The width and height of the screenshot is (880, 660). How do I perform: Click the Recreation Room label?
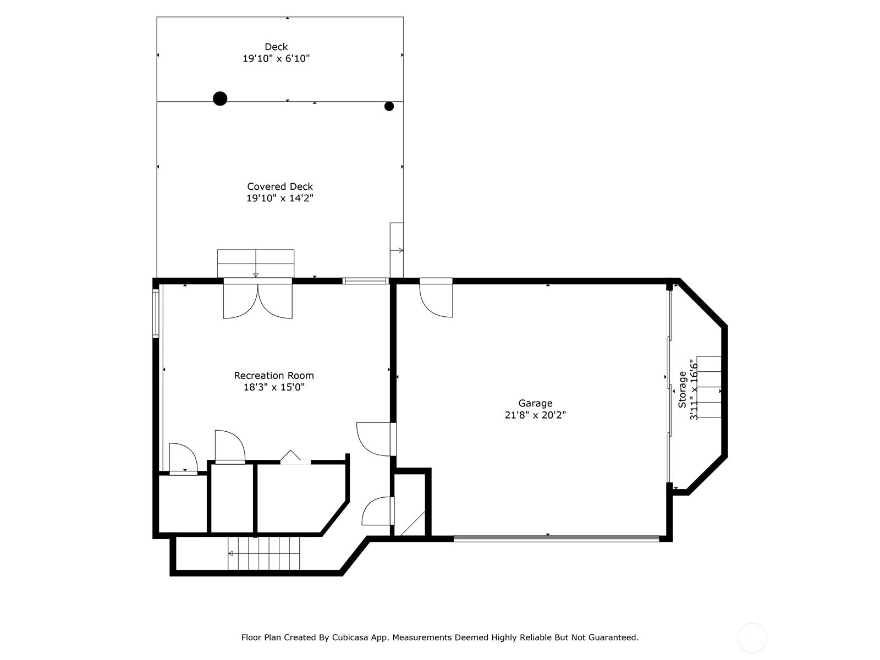pyautogui.click(x=274, y=376)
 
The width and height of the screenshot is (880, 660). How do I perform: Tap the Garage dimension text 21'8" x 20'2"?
pyautogui.click(x=535, y=415)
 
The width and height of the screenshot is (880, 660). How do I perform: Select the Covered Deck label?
pyautogui.click(x=280, y=186)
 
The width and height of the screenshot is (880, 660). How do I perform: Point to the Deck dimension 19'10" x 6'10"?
pyautogui.click(x=276, y=58)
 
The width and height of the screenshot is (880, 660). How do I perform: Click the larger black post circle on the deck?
pyautogui.click(x=220, y=98)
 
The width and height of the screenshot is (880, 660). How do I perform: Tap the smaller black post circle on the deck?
pyautogui.click(x=389, y=106)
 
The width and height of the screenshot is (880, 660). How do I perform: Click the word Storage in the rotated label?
pyautogui.click(x=683, y=390)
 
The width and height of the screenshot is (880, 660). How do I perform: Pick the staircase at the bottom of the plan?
pyautogui.click(x=264, y=553)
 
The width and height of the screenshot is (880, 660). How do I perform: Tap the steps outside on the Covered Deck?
pyautogui.click(x=256, y=263)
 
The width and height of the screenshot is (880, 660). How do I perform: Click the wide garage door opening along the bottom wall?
pyautogui.click(x=557, y=538)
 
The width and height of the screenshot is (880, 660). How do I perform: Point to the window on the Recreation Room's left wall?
pyautogui.click(x=156, y=313)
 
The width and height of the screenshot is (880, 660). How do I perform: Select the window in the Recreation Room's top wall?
pyautogui.click(x=366, y=281)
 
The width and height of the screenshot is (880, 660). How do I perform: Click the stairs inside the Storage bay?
pyautogui.click(x=709, y=387)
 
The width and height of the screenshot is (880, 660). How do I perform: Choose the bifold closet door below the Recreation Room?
pyautogui.click(x=295, y=458)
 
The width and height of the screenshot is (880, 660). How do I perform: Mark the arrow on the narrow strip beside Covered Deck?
pyautogui.click(x=397, y=250)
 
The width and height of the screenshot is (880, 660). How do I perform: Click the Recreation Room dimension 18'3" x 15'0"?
pyautogui.click(x=274, y=387)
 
